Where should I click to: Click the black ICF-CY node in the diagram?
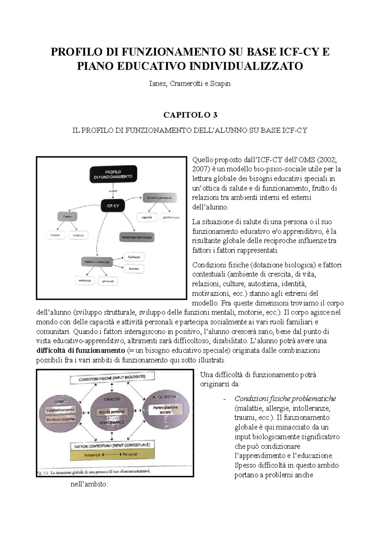[x=113, y=206]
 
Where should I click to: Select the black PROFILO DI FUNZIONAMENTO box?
[x=113, y=174]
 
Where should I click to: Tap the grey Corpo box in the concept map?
[x=67, y=217]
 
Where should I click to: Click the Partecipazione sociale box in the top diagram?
[x=137, y=237]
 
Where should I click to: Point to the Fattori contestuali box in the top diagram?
[x=97, y=262]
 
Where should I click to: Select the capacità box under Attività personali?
[x=147, y=218]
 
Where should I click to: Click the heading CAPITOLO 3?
[x=190, y=115]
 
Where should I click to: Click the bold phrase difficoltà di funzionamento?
[x=80, y=351]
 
